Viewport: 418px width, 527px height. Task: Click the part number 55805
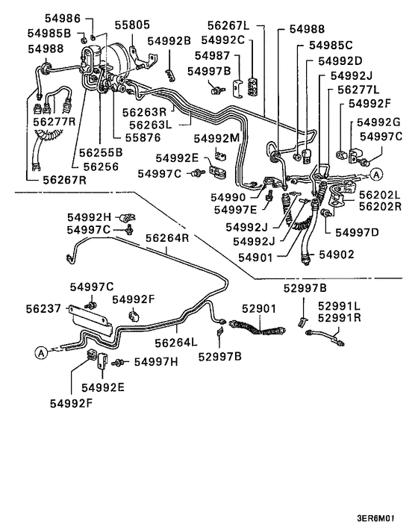coord(131,24)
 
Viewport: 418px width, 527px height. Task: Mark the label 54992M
coord(217,138)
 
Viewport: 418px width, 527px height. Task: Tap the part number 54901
coord(259,256)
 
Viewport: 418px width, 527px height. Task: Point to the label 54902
coord(337,255)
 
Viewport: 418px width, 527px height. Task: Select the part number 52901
coord(258,307)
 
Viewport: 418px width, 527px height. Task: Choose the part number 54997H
coord(156,363)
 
